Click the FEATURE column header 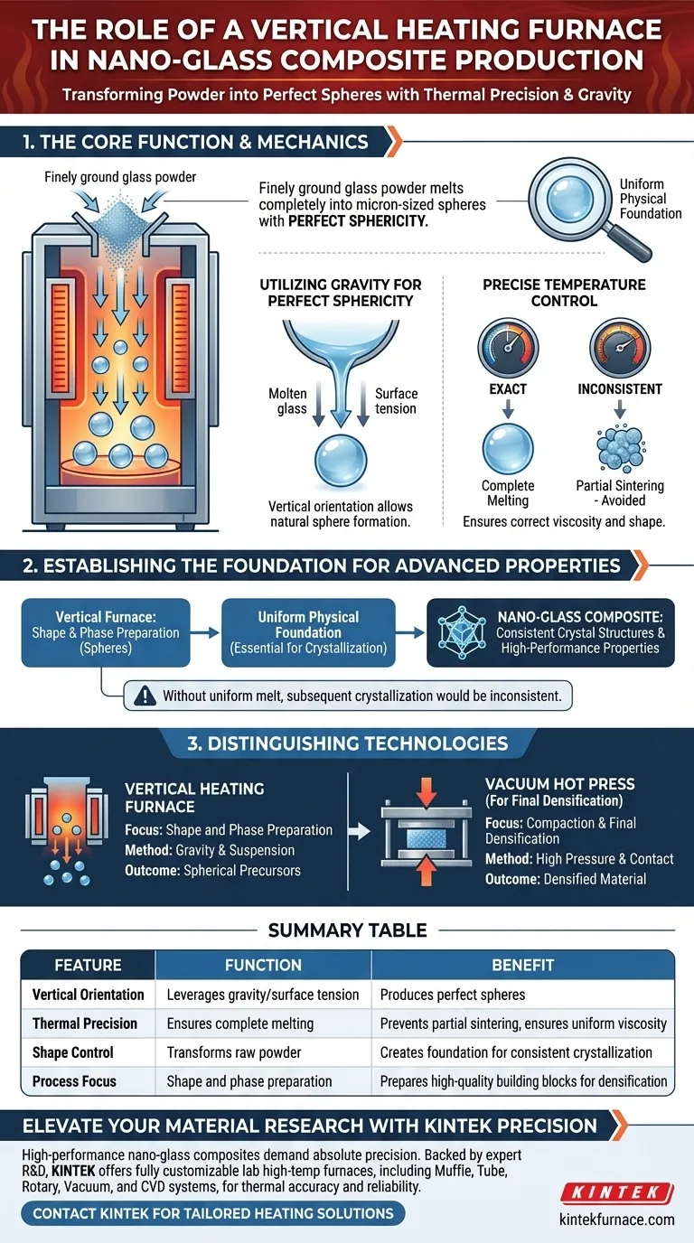(89, 965)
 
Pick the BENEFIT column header (522, 965)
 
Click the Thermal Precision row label (85, 1023)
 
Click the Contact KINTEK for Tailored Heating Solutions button (213, 1213)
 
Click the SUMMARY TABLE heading (347, 930)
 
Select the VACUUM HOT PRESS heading (559, 785)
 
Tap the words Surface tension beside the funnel (396, 401)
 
